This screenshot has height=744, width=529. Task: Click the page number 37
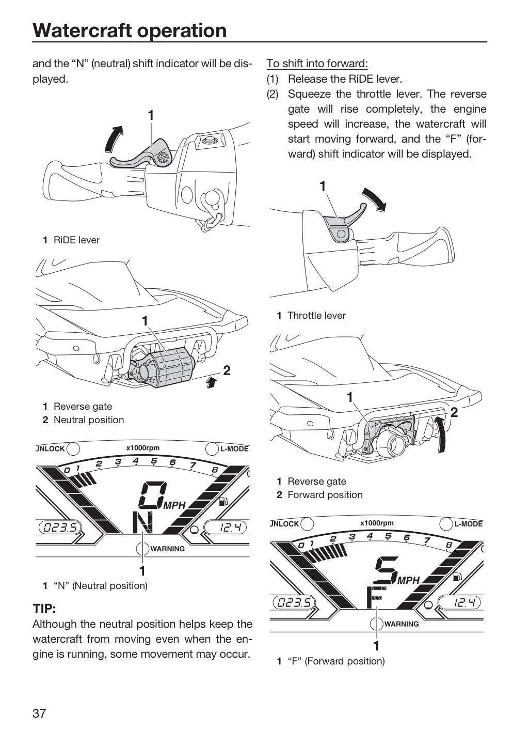click(39, 713)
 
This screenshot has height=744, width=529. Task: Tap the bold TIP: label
click(44, 609)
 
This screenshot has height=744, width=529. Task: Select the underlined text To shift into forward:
click(317, 64)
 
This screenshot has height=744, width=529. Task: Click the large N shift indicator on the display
click(143, 522)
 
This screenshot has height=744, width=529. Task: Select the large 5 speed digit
click(387, 570)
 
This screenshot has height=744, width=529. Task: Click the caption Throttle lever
click(316, 316)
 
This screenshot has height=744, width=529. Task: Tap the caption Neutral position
click(89, 420)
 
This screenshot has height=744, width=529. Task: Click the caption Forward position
click(325, 495)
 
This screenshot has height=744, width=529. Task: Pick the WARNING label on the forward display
click(402, 624)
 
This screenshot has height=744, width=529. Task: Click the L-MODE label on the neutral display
click(235, 448)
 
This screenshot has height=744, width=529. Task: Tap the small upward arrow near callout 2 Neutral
click(210, 383)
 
